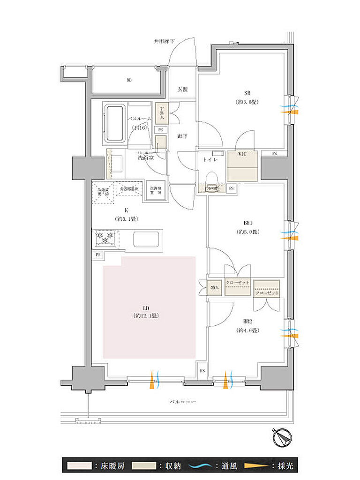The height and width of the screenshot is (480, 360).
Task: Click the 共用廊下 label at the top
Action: pos(164,41)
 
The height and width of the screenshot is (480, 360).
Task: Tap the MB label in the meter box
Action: pos(128,80)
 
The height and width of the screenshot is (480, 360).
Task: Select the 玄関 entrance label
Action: pos(183,89)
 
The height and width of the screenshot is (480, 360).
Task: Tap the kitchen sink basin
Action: pos(147,239)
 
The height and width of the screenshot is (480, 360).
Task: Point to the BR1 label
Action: pos(247,223)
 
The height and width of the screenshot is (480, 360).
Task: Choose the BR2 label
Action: pos(247,322)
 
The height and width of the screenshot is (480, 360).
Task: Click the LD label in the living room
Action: pos(146,308)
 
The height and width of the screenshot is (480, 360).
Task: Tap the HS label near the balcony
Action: pos(202,370)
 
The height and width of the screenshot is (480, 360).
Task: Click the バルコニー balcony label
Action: pos(183,402)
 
